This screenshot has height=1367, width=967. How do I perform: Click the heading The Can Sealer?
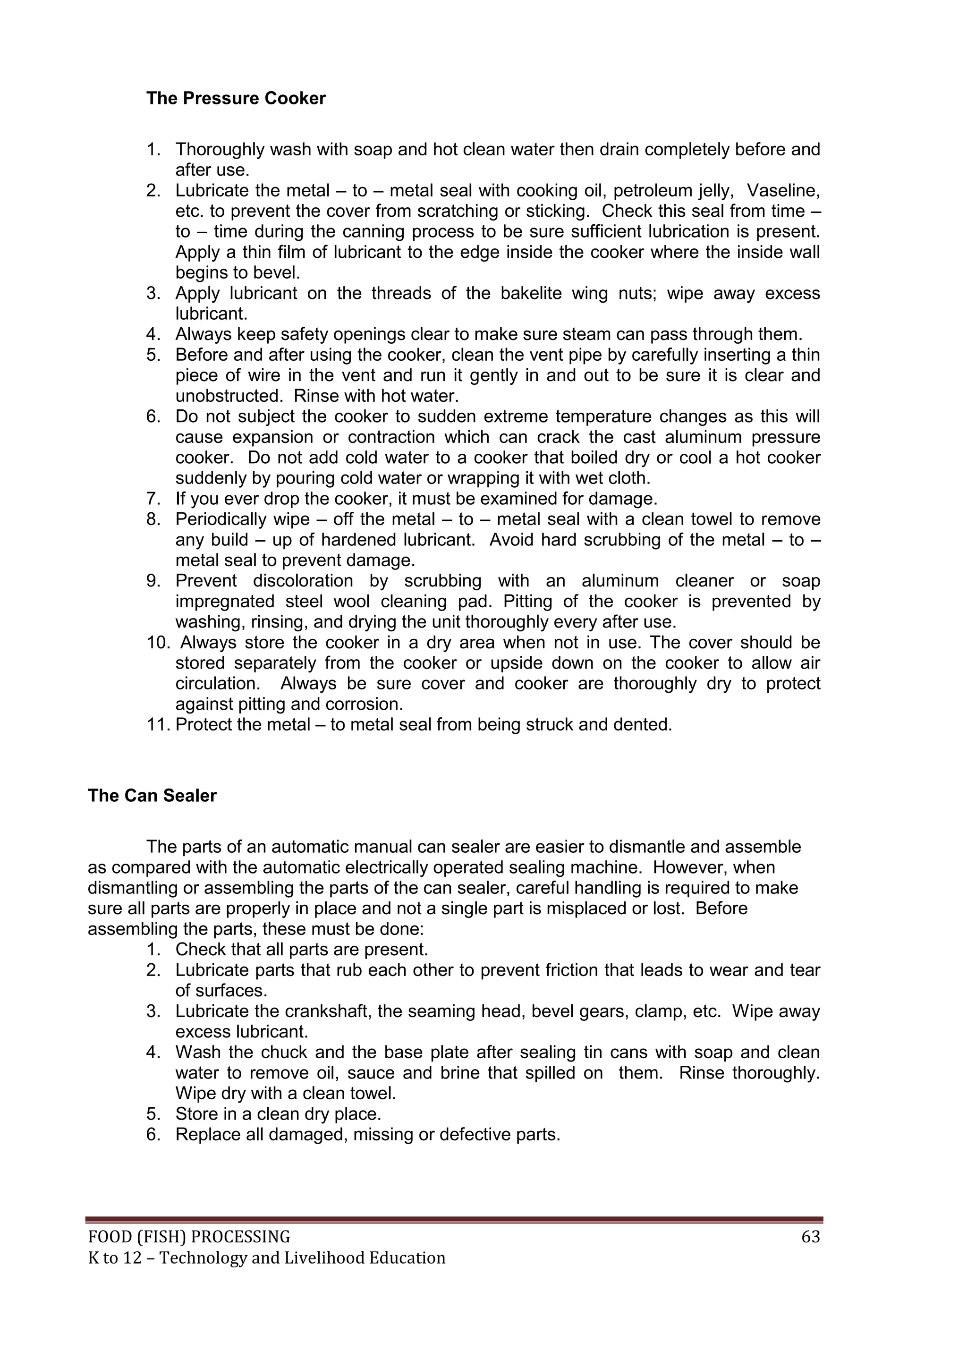click(x=152, y=796)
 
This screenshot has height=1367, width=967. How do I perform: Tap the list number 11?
click(x=158, y=725)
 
